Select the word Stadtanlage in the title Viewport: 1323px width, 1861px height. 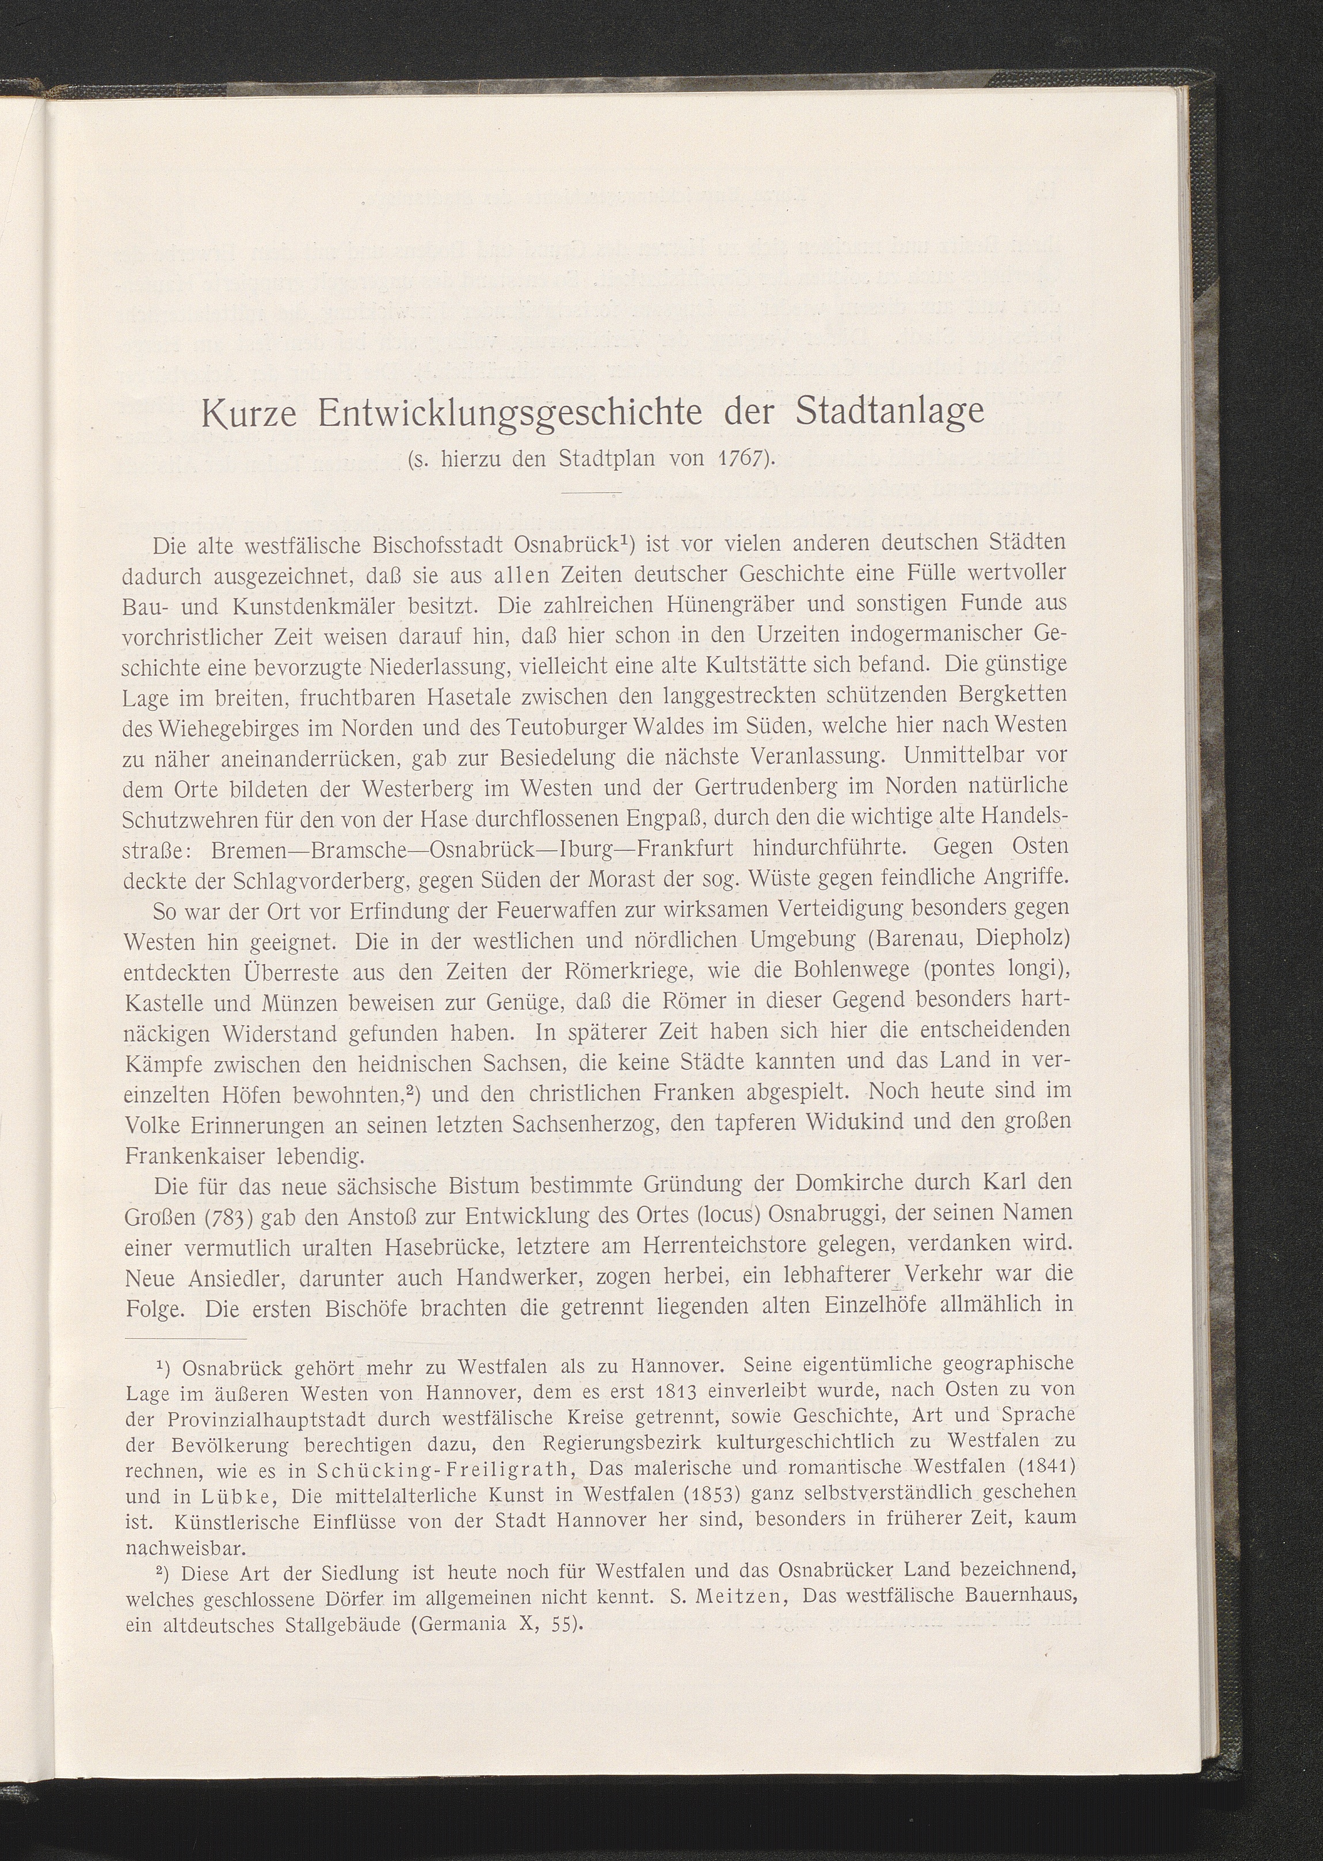click(890, 412)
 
